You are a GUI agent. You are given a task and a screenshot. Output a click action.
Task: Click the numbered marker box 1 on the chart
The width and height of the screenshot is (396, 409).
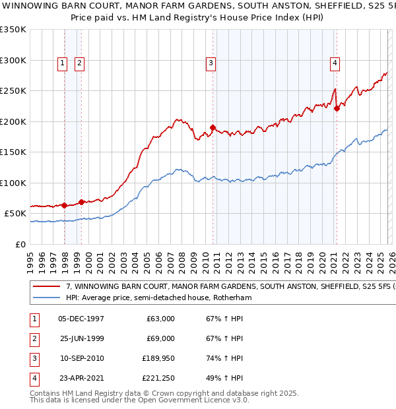pos(61,63)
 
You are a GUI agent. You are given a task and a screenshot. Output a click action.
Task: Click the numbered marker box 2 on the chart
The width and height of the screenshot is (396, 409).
pos(79,63)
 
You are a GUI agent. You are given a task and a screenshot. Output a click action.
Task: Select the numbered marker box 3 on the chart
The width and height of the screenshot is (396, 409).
pos(211,63)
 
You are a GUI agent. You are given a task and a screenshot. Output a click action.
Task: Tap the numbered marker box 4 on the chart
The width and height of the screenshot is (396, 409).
pos(335,63)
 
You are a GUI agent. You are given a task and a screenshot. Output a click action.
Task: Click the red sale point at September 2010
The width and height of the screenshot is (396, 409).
pos(213,127)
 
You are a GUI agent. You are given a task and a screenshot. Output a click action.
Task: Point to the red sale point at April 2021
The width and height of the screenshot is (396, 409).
pos(337,109)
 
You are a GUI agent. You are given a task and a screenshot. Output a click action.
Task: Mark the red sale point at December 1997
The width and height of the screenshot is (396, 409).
pos(65,205)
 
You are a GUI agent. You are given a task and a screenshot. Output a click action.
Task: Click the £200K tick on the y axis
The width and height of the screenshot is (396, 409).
pos(13,121)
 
